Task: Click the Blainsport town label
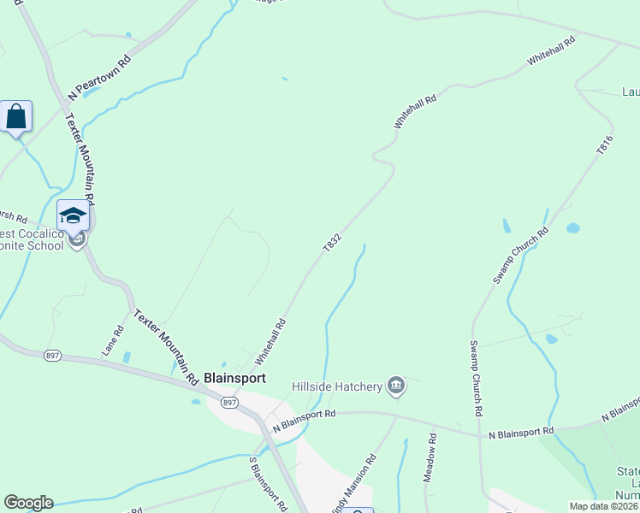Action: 234,378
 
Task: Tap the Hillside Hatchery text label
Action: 336,387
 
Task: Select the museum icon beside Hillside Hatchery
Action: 395,387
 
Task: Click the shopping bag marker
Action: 16,116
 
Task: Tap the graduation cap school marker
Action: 73,215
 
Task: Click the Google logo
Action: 28,503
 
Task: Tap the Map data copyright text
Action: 603,506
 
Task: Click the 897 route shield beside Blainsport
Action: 228,402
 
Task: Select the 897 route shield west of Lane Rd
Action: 53,355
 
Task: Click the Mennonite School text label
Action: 33,239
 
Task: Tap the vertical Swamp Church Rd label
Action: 476,378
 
